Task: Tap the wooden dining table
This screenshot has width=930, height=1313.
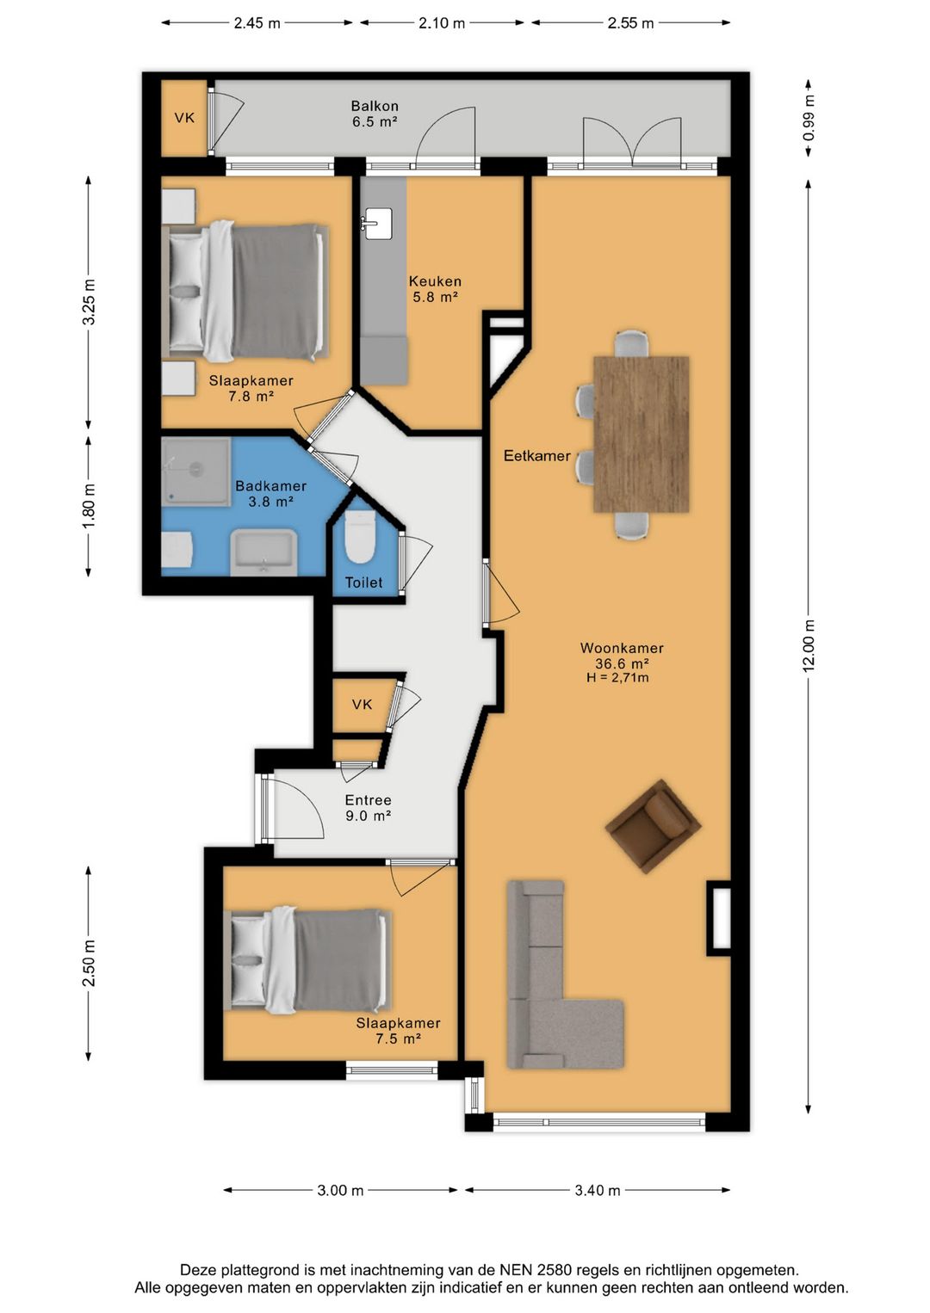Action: (641, 435)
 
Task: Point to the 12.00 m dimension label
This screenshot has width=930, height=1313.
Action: (809, 646)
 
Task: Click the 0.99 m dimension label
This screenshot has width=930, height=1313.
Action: (809, 118)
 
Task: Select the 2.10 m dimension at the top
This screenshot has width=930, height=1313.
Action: (441, 23)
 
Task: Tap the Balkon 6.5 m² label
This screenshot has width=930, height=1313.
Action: (375, 114)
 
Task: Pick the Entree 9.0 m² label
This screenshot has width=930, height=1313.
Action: (368, 807)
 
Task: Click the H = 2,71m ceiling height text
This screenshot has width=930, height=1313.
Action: (617, 678)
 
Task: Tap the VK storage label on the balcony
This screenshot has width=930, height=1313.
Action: (184, 118)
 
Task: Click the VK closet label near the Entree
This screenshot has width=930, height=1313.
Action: (362, 704)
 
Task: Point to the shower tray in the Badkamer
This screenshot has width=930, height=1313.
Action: (195, 472)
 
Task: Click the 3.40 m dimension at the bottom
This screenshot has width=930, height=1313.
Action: (598, 1191)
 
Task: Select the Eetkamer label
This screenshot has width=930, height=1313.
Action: (536, 455)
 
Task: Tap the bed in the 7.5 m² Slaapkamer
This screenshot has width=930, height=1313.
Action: (308, 960)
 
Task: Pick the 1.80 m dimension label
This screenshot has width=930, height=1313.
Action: (88, 505)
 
